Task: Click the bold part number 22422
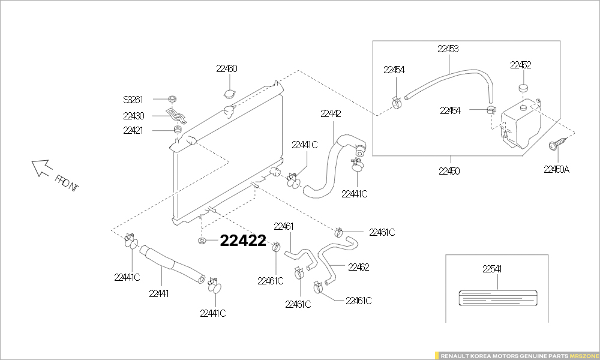pos(243,241)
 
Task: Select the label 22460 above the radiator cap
pos(227,68)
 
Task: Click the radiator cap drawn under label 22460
pos(230,94)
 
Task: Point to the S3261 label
pos(133,100)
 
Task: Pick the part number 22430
pos(134,116)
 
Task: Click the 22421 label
pos(133,130)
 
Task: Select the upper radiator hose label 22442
pos(331,113)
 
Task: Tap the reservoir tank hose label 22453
pos(448,49)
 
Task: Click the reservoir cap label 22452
pos(520,65)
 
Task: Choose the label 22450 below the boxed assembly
pos(449,171)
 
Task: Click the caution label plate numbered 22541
pos(498,298)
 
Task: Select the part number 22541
pos(492,269)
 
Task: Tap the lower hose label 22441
pos(159,293)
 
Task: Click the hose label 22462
pos(359,267)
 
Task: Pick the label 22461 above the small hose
pos(284,226)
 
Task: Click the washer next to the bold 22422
pos(202,241)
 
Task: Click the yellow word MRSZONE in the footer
pos(583,356)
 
